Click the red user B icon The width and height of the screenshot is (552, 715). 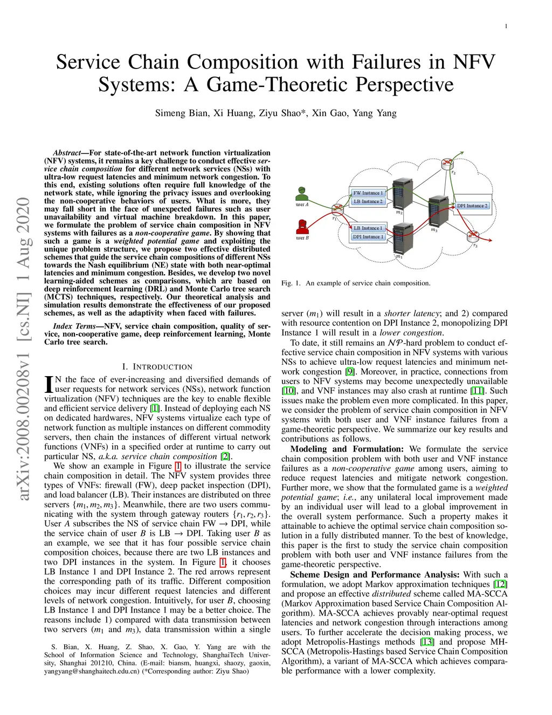302,226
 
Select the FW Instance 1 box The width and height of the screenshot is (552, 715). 368,193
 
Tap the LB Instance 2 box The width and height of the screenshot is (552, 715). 368,201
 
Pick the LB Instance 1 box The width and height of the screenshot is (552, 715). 368,228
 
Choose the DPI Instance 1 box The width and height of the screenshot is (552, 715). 368,236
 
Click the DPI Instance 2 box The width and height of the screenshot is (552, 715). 472,206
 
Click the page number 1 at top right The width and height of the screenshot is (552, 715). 506,26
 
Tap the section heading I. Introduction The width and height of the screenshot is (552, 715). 157,367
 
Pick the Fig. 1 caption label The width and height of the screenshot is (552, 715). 291,283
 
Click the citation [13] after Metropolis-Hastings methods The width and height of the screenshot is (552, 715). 427,642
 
